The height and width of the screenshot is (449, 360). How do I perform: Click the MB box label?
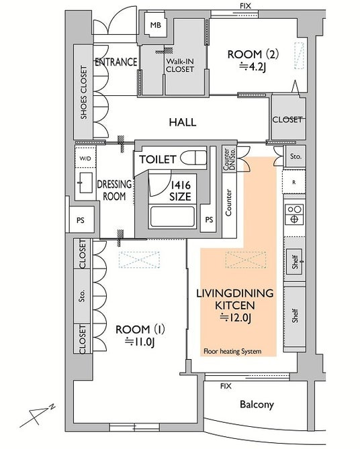pos(156,26)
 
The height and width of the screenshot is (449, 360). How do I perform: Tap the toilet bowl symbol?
pos(193,158)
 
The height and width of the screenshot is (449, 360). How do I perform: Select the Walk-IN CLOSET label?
pos(180,65)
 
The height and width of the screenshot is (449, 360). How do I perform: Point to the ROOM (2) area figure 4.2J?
pos(253,67)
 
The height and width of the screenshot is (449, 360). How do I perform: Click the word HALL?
pos(183,122)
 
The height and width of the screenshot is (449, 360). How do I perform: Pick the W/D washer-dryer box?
pos(85,158)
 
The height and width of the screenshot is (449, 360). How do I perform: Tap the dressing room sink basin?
pos(85,183)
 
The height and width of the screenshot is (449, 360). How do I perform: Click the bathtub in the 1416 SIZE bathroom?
pos(172,216)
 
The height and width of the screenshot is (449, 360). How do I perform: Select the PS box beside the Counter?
pos(209,219)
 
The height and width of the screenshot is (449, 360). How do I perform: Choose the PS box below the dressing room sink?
pos(81,220)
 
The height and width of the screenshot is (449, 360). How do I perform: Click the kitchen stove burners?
pos(294,214)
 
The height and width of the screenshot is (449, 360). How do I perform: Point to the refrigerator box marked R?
pos(294,182)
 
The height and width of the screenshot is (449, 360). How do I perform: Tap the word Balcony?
pos(257,404)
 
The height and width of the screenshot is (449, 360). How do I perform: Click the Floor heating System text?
pos(232,351)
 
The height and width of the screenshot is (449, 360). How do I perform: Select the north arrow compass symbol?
pos(38,415)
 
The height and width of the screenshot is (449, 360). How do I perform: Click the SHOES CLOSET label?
pos(83,92)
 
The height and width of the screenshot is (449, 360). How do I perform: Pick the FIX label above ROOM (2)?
pos(245,6)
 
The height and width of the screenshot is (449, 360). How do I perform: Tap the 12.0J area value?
pos(235,317)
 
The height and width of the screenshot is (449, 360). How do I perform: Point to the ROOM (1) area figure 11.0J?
pos(140,342)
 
